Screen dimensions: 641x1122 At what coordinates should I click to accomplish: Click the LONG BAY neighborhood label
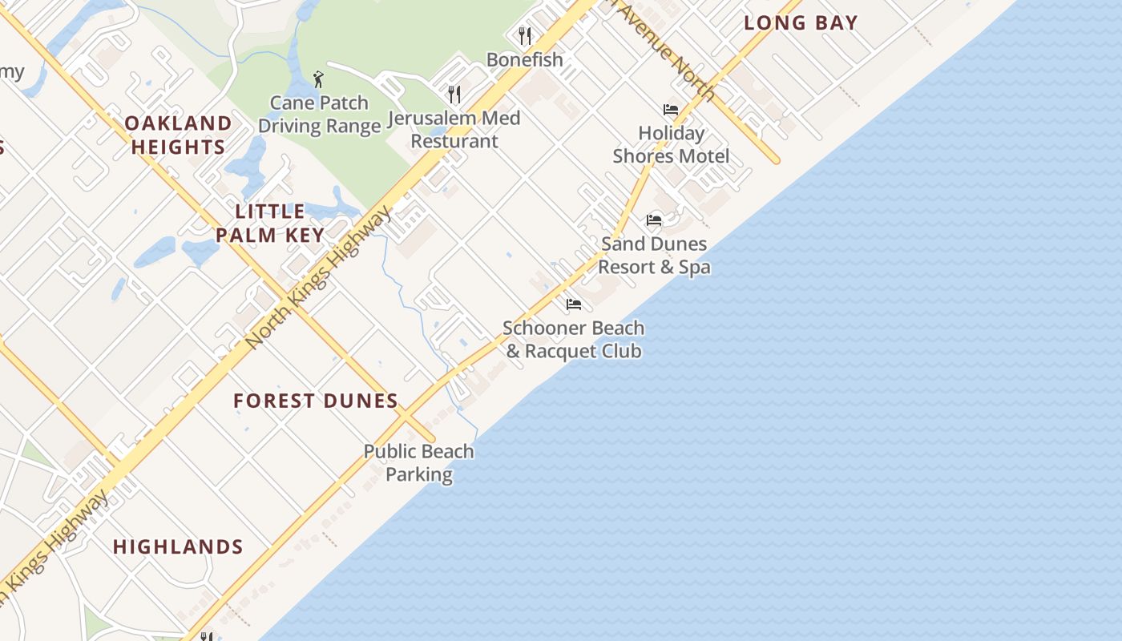tap(801, 23)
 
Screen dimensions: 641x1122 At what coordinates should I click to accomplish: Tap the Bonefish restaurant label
tap(525, 60)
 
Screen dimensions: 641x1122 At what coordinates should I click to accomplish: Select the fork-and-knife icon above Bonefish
tap(525, 35)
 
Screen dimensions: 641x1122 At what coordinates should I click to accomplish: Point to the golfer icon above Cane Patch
tap(319, 79)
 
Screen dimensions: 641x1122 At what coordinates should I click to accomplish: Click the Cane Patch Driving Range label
tap(319, 115)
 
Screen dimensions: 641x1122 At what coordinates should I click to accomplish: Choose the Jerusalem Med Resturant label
tap(454, 130)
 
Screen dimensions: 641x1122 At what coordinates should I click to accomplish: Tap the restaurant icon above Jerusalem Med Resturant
tap(454, 95)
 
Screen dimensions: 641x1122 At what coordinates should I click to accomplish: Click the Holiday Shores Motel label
tap(671, 145)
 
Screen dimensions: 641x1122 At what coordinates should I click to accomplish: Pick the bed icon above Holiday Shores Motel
tap(671, 110)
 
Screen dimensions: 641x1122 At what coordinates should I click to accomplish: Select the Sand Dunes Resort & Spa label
tap(654, 256)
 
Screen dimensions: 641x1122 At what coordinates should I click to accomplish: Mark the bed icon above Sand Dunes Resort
tap(654, 220)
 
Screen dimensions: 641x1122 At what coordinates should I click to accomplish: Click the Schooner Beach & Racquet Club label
tap(573, 340)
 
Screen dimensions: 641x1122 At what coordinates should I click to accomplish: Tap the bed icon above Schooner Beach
tap(573, 304)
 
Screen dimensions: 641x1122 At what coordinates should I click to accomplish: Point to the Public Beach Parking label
tap(418, 463)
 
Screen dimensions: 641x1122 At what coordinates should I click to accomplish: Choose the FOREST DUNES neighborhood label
tap(316, 401)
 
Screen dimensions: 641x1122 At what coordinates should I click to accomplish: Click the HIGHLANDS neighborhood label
tap(178, 547)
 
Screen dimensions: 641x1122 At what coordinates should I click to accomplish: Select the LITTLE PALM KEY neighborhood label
tap(270, 224)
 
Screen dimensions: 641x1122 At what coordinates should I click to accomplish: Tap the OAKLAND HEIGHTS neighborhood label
tap(178, 135)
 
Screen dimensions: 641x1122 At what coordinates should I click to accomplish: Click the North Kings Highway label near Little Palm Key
tap(319, 277)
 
